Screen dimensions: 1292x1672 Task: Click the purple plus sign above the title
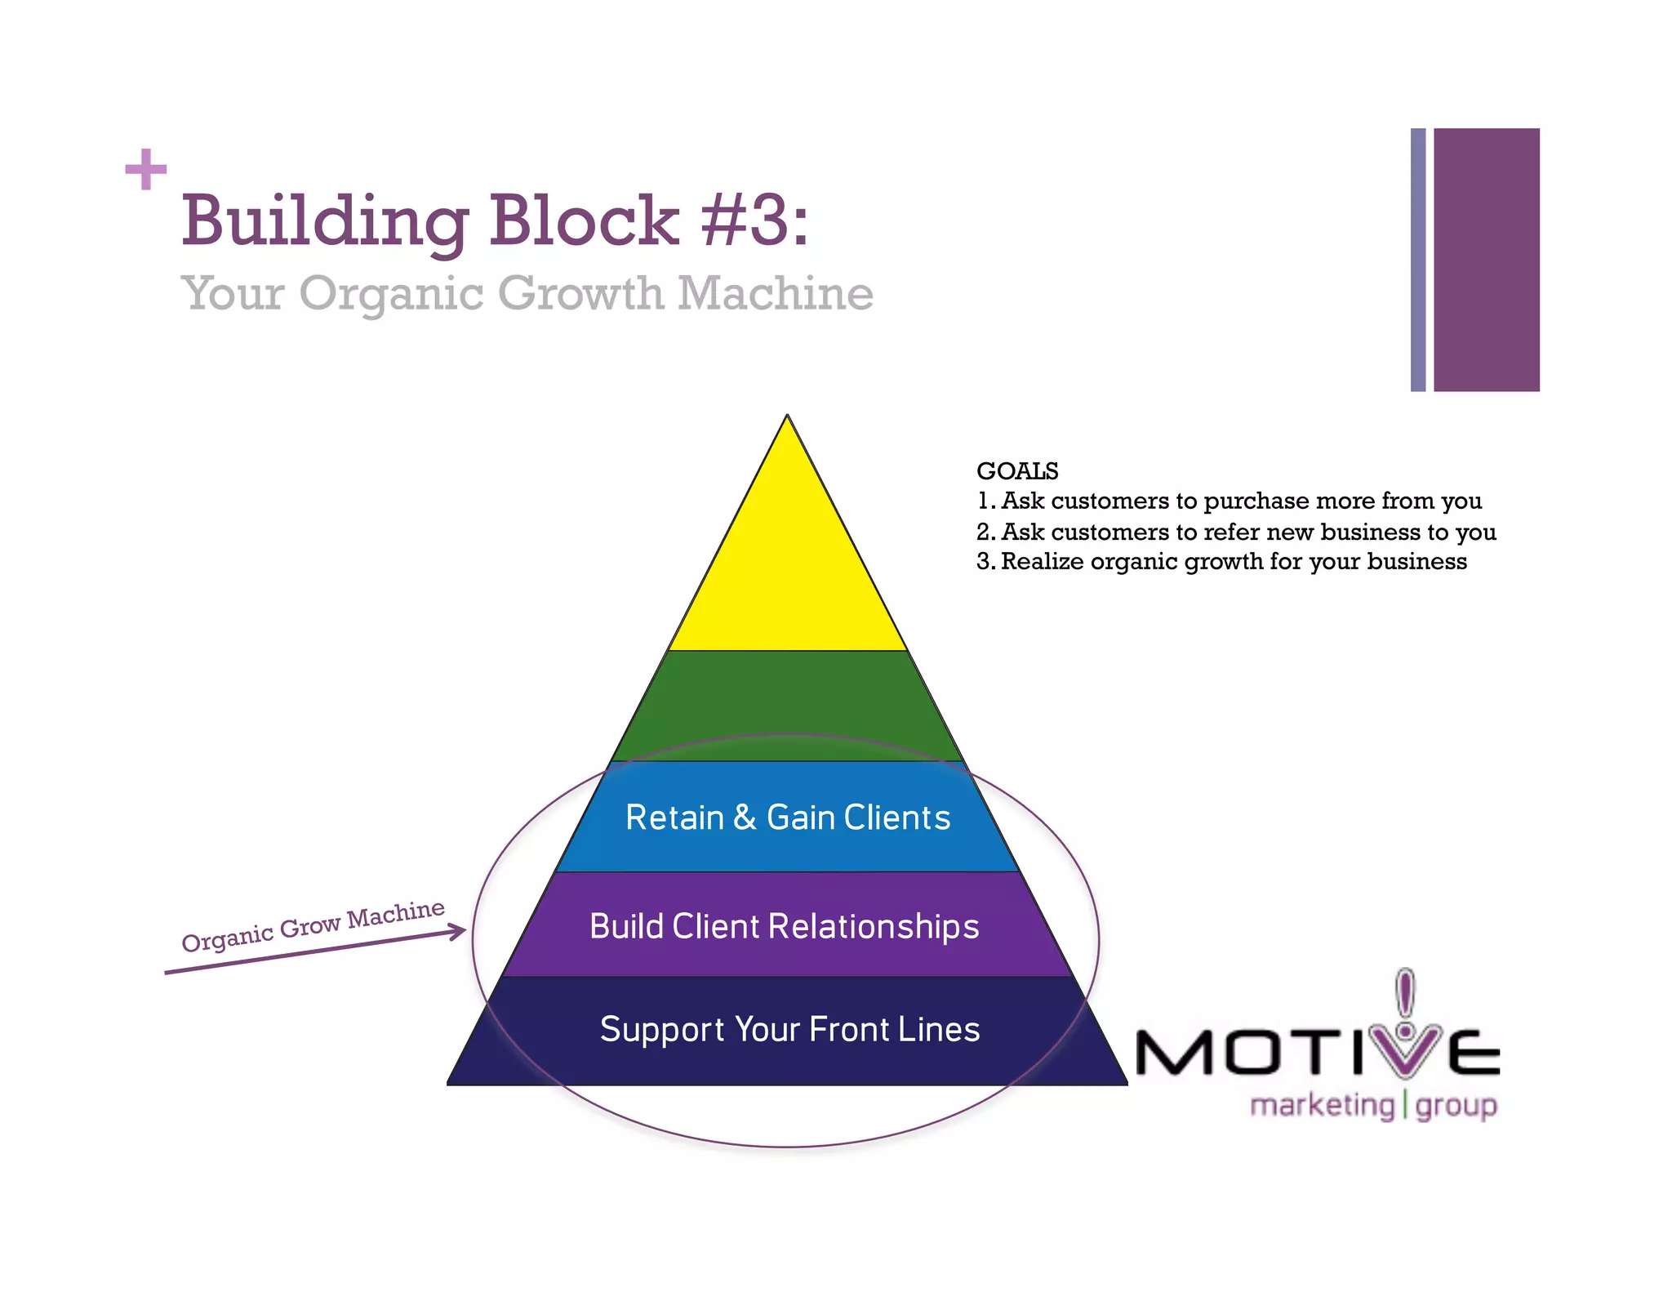pos(146,170)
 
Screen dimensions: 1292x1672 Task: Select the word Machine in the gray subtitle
pos(775,293)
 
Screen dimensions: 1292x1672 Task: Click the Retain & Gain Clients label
pos(788,818)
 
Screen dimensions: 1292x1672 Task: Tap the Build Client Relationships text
pos(784,926)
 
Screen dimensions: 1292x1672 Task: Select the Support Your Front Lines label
pos(789,1029)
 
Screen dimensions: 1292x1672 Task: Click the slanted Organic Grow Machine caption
pos(313,925)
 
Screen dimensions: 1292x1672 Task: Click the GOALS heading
pos(1016,471)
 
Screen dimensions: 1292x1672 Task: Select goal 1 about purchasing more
pos(1229,501)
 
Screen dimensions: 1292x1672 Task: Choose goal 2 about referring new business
pos(1236,532)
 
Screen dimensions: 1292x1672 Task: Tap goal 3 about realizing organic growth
pos(1221,562)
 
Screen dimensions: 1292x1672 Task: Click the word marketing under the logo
pos(1322,1105)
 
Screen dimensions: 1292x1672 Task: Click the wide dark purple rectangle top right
pos(1486,260)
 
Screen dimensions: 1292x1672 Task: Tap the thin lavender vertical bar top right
pos(1418,260)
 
